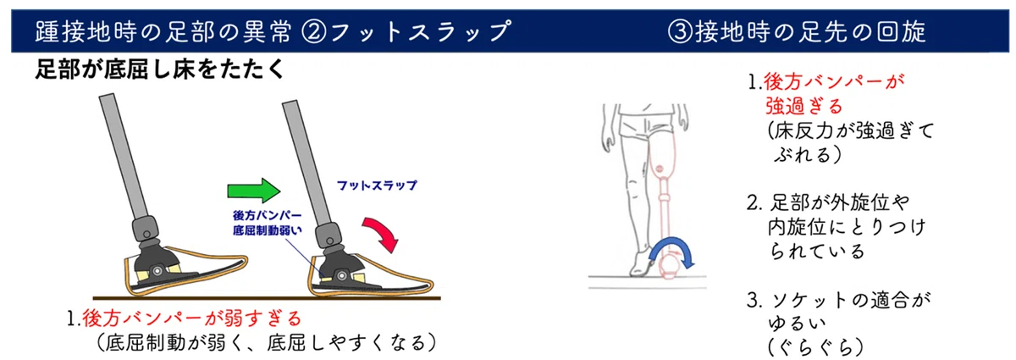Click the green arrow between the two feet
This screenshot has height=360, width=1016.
253,191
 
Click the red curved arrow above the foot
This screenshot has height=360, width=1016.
382,231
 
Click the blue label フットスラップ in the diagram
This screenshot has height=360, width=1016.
377,186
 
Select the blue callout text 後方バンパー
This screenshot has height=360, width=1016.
268,215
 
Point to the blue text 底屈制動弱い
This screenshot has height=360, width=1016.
268,230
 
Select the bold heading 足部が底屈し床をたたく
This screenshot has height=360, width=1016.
160,69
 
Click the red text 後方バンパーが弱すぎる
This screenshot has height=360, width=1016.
192,318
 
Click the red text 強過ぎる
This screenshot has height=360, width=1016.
803,106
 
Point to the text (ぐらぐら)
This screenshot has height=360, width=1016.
815,347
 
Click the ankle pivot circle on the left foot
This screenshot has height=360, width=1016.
157,271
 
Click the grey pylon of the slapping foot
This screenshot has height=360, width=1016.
307,163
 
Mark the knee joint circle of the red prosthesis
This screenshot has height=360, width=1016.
660,169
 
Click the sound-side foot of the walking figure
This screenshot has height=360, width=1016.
640,263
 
